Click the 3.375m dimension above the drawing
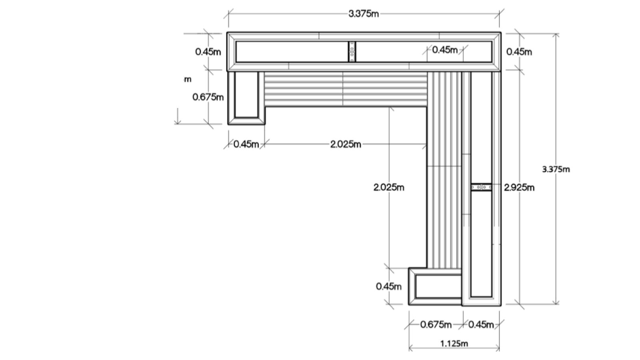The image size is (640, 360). pos(363,14)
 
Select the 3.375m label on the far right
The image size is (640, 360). pos(556,169)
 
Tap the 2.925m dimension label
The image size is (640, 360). pos(519,187)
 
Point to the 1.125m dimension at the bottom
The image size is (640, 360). pos(454,343)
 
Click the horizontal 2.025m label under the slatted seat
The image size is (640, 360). pos(346,144)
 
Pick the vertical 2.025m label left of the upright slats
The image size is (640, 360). pos(389,187)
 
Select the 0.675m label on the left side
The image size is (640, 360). pos(208,97)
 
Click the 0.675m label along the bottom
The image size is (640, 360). pos(436,324)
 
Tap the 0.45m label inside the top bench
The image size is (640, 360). pos(445,50)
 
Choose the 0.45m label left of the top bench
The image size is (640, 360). pos(208,52)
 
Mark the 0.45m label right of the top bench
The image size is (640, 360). pos(519,52)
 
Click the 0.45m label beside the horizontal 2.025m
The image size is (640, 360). pos(246,144)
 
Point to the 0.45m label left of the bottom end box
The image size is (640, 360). pos(389,286)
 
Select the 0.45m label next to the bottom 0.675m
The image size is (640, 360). pos(481,324)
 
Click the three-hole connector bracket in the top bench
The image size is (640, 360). pos(352,52)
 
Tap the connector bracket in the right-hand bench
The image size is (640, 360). pos(481,187)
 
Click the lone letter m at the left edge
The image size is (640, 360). pos(188,79)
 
